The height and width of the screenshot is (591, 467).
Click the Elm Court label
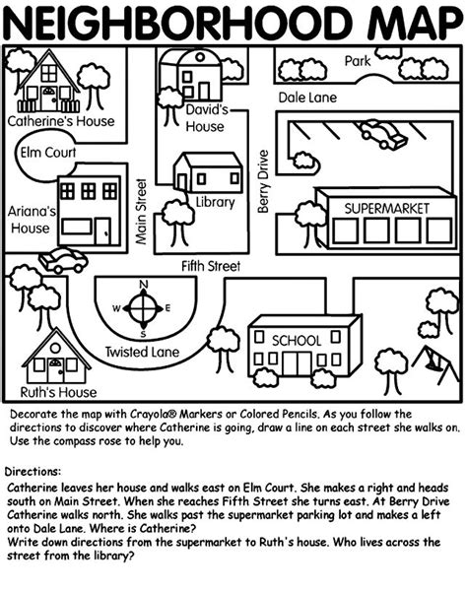click(x=47, y=153)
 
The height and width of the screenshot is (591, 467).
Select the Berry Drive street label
click(x=263, y=180)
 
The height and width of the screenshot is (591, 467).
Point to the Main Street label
click(x=141, y=211)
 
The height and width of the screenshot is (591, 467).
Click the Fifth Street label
click(x=211, y=266)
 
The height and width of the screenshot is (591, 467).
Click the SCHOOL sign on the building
click(x=296, y=340)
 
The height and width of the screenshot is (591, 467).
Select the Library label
click(x=215, y=203)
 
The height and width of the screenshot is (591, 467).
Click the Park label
click(x=358, y=61)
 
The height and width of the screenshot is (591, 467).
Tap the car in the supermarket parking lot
click(x=382, y=133)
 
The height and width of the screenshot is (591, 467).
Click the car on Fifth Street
click(x=62, y=260)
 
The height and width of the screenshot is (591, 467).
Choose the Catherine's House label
click(x=61, y=122)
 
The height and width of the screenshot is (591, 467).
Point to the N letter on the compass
click(x=144, y=287)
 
